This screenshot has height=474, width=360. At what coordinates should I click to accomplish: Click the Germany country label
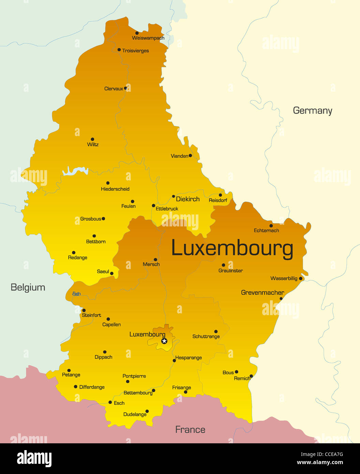[x=312, y=110]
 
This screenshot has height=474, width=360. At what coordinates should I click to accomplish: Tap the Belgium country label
[x=28, y=287]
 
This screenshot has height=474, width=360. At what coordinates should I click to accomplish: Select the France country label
[x=190, y=429]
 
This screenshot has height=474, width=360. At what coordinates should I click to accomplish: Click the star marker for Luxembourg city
[x=164, y=341]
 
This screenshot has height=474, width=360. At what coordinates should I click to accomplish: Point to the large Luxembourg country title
[x=232, y=248]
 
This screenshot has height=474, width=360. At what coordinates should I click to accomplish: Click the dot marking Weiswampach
[x=137, y=33]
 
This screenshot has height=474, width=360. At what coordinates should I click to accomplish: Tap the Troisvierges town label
[x=135, y=51]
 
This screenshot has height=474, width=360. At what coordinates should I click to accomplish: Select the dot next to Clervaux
[x=125, y=88]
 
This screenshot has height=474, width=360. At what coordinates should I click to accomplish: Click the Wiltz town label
[x=93, y=145]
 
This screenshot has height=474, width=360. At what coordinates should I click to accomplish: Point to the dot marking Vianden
[x=190, y=155]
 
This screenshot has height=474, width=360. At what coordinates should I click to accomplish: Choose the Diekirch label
[x=187, y=199]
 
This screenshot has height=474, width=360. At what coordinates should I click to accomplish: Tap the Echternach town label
[x=266, y=231]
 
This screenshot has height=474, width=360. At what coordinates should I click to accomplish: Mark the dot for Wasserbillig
[x=300, y=279]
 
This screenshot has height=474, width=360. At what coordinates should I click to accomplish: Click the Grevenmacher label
[x=262, y=293]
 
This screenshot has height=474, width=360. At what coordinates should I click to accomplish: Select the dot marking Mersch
[x=155, y=260]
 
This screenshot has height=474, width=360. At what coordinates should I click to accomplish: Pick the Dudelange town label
[x=135, y=414]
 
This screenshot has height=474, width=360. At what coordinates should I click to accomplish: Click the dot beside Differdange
[x=76, y=387]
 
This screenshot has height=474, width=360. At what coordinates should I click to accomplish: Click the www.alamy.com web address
[x=320, y=462]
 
